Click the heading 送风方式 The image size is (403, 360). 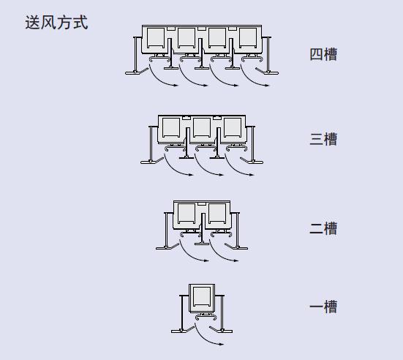56,23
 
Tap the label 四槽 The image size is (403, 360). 323,54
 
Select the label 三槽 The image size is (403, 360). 323,139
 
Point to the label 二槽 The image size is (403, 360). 323,228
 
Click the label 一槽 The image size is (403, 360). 323,307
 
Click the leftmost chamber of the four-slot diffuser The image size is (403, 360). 156,38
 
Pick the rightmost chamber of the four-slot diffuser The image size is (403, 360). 248,38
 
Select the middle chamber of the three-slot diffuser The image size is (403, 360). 202,127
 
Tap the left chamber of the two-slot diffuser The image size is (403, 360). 187,213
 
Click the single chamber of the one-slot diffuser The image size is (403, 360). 202,297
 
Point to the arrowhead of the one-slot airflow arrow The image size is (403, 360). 222,344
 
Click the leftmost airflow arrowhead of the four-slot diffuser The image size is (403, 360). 176,85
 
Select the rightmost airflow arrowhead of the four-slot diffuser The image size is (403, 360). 266,85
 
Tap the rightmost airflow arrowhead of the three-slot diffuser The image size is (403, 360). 251,175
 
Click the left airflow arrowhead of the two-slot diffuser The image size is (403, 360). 206,260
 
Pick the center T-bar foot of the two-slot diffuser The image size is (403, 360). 202,243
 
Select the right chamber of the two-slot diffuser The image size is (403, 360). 217,213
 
